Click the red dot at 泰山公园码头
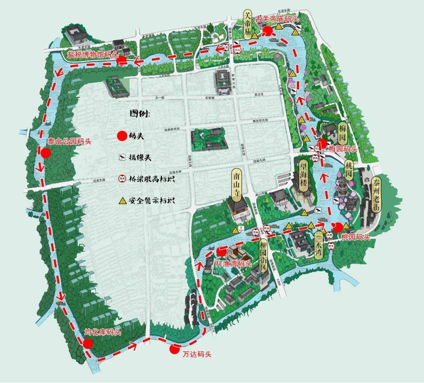pyautogui.click(x=46, y=152)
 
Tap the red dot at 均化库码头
pyautogui.click(x=88, y=344)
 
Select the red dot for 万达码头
pyautogui.click(x=174, y=349)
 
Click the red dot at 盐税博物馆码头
pyautogui.click(x=122, y=60)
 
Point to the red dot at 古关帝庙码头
pyautogui.click(x=268, y=30)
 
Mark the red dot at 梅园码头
pyautogui.click(x=322, y=143)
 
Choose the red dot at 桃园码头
pyautogui.click(x=337, y=227)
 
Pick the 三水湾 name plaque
pyautogui.click(x=318, y=245)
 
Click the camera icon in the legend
pyautogui.click(x=122, y=158)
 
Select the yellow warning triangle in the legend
pyautogui.click(x=122, y=201)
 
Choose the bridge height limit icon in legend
pyautogui.click(x=122, y=179)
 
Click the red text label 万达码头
pyautogui.click(x=197, y=354)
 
